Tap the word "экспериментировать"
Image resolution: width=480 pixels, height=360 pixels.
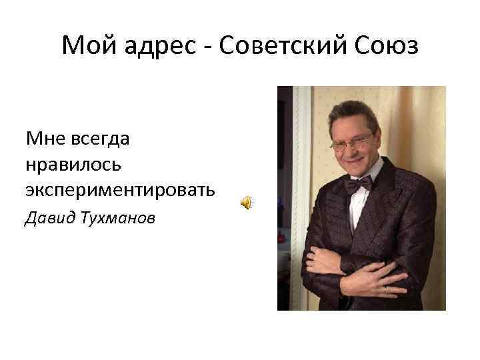click(x=121, y=190)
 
